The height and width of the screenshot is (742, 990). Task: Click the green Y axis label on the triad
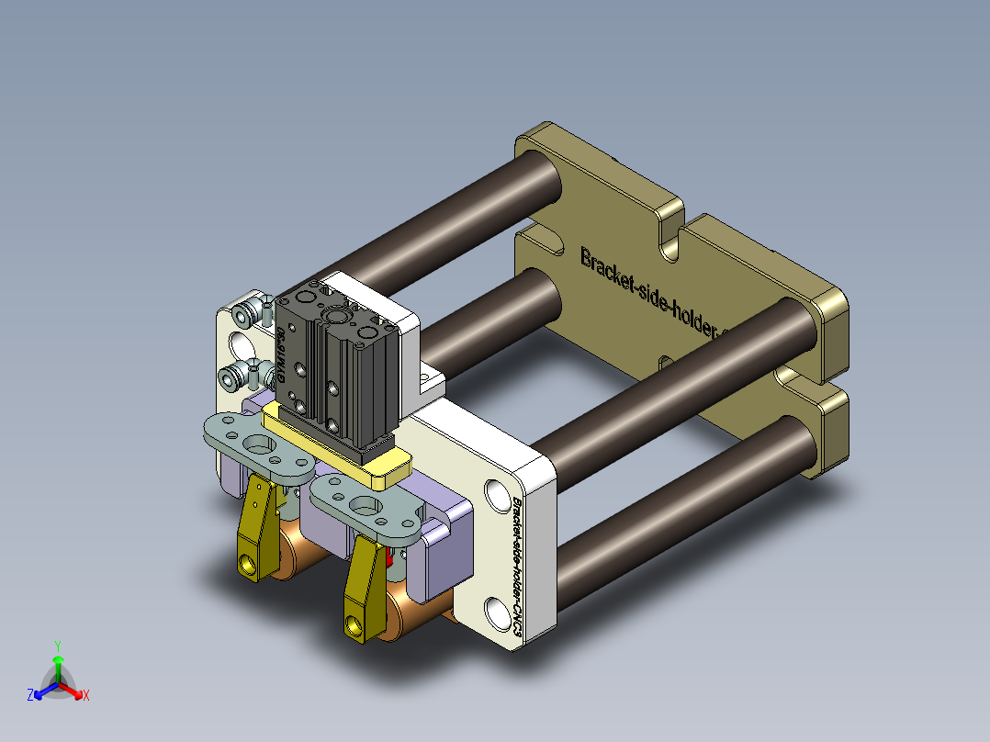[57, 646]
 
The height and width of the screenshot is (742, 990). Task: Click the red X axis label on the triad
[85, 695]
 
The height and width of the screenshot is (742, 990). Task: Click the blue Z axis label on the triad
[30, 695]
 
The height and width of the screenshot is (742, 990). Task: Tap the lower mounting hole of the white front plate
[496, 611]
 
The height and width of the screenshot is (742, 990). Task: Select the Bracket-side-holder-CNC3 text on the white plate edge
[519, 569]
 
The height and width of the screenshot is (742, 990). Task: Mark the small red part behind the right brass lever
[389, 556]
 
